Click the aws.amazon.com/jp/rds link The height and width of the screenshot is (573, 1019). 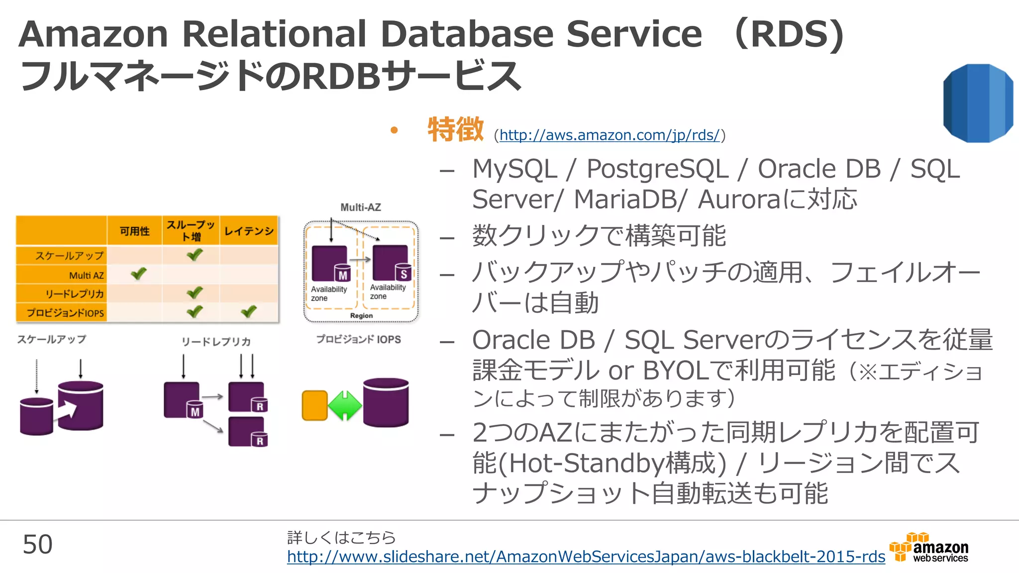[610, 135]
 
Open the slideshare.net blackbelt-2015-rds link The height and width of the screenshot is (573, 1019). [586, 557]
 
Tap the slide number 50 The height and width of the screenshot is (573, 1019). [37, 545]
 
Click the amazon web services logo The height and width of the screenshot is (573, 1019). [929, 548]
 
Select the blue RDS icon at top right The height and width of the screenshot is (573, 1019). [977, 103]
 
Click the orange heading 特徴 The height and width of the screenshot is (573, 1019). [455, 129]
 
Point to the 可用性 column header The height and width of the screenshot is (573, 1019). [134, 231]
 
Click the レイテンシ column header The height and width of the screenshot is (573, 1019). [249, 231]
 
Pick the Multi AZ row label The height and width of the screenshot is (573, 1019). [86, 275]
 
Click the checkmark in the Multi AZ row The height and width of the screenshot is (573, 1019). [138, 274]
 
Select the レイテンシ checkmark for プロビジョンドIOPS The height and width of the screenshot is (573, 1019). [248, 312]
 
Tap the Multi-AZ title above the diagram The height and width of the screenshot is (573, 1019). [361, 207]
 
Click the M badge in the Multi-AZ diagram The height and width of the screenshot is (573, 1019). [343, 275]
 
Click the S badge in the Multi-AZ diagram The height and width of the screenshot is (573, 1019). [404, 274]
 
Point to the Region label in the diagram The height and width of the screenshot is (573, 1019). [361, 316]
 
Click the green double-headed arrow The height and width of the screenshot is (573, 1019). [345, 405]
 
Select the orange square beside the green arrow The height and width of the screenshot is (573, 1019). [314, 405]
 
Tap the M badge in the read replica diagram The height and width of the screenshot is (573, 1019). [195, 411]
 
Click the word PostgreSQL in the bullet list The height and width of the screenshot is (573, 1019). [657, 169]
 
